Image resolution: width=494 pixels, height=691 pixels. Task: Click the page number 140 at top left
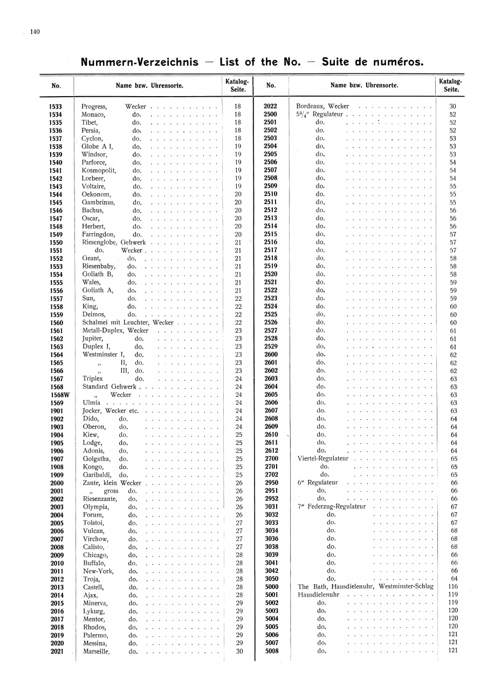click(x=35, y=32)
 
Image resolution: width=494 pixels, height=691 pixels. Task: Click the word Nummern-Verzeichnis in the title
click(x=139, y=62)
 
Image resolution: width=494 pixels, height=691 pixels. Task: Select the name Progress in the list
click(x=94, y=107)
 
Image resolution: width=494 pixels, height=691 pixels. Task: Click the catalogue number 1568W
click(x=56, y=395)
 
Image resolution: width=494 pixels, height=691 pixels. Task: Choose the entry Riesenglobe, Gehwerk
click(x=113, y=242)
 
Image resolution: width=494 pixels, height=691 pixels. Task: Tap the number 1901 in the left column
click(x=56, y=411)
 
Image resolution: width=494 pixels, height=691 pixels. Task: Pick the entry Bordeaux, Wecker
click(x=323, y=107)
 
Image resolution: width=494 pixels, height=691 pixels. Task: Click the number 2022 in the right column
click(x=270, y=107)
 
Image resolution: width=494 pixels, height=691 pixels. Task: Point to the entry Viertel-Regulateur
click(x=323, y=458)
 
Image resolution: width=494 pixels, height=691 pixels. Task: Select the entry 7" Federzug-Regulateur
click(x=332, y=506)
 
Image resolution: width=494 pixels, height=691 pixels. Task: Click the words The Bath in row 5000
click(x=310, y=587)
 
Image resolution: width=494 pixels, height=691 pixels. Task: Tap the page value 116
click(x=453, y=587)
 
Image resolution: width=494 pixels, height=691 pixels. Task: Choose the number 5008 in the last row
click(x=272, y=651)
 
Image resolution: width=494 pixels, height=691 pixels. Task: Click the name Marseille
click(x=97, y=652)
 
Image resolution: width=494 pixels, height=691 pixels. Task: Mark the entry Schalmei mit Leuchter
click(x=116, y=322)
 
